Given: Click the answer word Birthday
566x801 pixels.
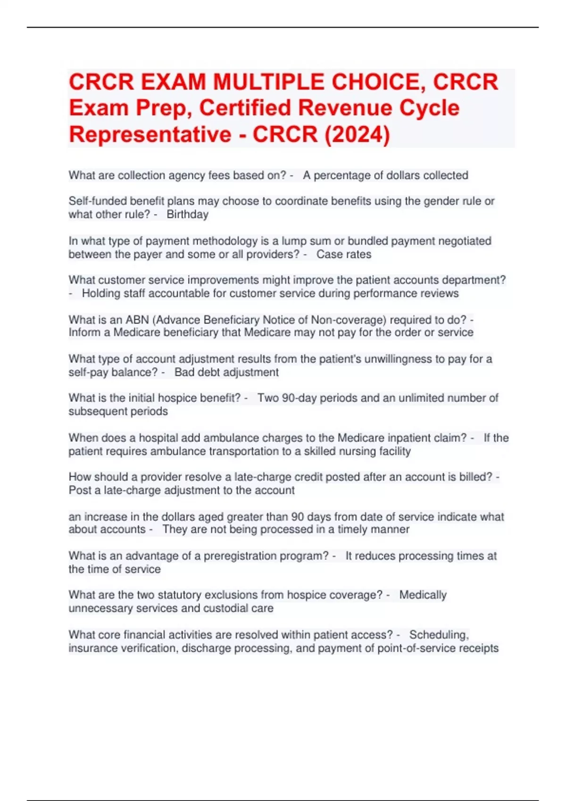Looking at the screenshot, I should pos(187,214).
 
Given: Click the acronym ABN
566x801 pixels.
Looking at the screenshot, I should pos(137,320).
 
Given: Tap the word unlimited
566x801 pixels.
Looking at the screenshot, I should pos(421,398).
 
